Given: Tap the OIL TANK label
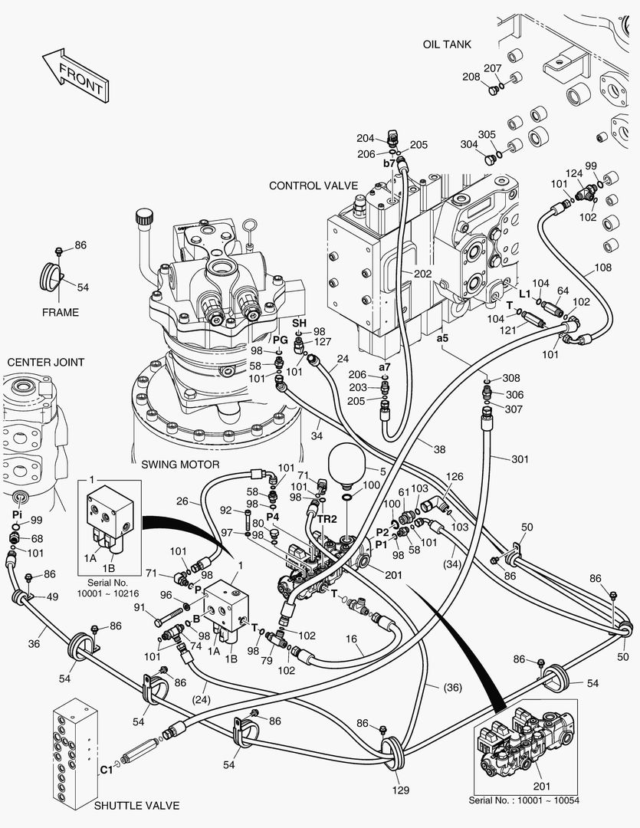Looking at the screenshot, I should pos(447,44).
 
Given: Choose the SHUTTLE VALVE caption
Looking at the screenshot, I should pos(136,806).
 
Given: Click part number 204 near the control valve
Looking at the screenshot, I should pos(365,138).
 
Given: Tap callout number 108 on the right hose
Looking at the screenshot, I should pos(603,269).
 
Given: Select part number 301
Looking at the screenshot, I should pos(520,459).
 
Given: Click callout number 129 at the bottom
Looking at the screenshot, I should pos(402,790).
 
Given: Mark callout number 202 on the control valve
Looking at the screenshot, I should pos(422,274).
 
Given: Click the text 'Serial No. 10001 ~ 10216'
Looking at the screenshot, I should pos(108,588).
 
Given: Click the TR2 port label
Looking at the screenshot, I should pos(328,518).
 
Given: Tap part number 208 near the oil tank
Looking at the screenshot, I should pos(471,77).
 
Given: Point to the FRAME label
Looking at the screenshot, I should pos(61,312).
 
